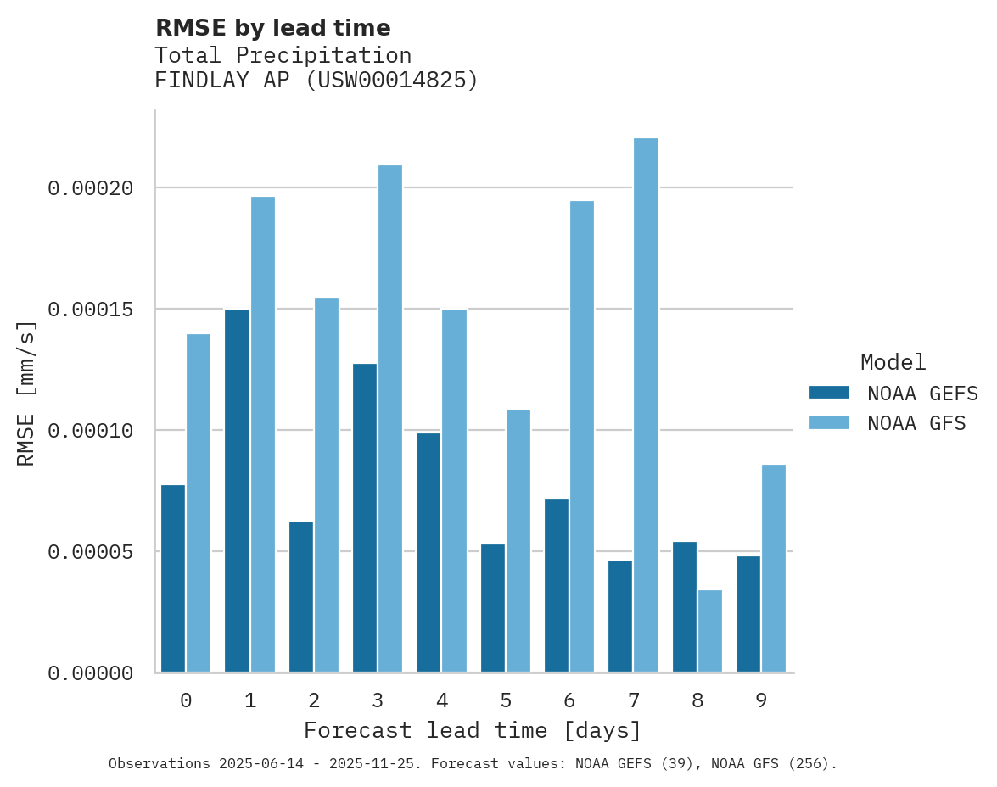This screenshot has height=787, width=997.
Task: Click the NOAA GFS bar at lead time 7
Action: click(x=646, y=405)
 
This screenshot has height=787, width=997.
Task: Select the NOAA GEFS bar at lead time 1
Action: click(x=238, y=491)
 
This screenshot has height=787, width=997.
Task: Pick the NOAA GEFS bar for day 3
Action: click(x=365, y=518)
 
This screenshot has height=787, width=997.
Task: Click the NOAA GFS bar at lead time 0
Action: click(x=199, y=503)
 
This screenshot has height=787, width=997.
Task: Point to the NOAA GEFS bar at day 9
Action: click(x=748, y=614)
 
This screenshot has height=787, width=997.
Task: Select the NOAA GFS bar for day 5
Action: click(x=518, y=541)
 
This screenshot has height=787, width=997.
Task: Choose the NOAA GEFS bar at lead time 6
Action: click(x=557, y=585)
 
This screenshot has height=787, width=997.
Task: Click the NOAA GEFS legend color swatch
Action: click(x=829, y=393)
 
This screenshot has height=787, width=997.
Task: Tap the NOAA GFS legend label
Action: click(x=916, y=423)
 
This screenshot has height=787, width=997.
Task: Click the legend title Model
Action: click(x=893, y=362)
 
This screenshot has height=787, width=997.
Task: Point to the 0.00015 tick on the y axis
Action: click(x=91, y=310)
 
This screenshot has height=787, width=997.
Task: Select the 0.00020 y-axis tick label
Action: click(x=91, y=188)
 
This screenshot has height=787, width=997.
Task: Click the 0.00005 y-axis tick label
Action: click(x=91, y=552)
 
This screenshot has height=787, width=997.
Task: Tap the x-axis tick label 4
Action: click(x=442, y=700)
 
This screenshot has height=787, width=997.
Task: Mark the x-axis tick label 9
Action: click(x=761, y=700)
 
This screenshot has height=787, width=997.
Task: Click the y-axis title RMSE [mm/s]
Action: click(x=26, y=393)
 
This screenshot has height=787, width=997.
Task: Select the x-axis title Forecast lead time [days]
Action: click(x=473, y=730)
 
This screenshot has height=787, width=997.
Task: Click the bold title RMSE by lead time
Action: click(x=272, y=28)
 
